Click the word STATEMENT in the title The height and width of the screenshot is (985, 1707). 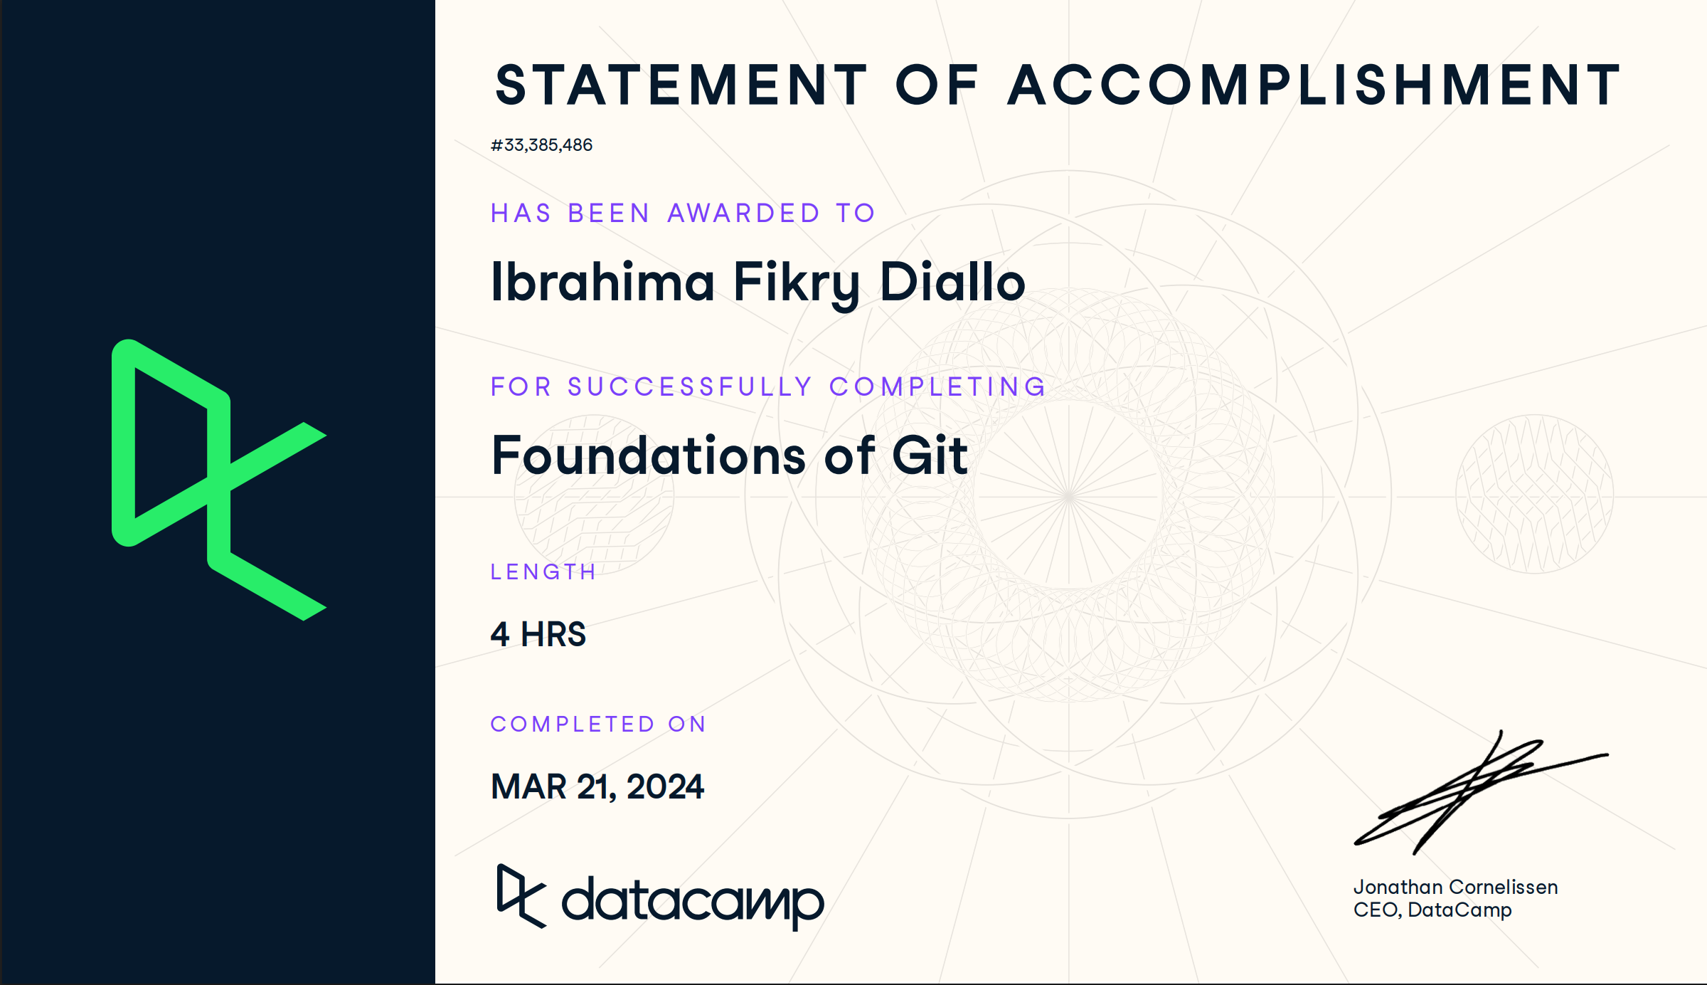681,85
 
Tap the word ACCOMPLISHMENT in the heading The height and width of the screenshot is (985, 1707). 1314,85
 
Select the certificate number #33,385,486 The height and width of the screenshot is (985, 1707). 541,145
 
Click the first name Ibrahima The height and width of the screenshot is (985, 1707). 602,283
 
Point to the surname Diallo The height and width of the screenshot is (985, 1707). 952,283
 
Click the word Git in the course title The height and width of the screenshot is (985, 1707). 930,455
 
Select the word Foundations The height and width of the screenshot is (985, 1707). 648,455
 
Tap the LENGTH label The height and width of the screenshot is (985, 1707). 543,572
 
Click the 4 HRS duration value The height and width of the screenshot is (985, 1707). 538,634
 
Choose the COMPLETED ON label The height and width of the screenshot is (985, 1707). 598,725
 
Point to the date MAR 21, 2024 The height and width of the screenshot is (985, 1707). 597,787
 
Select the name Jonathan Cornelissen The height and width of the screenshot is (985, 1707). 1455,887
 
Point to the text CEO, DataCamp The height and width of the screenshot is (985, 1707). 1432,910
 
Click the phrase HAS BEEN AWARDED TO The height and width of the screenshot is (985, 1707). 683,214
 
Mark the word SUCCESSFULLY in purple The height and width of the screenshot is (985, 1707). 690,387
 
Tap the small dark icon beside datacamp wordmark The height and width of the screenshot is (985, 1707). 521,896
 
